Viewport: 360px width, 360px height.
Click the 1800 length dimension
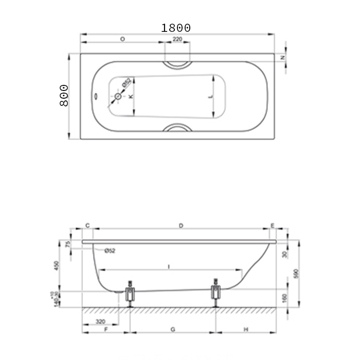(176, 28)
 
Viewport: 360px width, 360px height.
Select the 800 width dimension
(64, 95)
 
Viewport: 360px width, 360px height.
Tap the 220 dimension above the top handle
(177, 39)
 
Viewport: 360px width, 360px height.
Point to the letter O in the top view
(122, 39)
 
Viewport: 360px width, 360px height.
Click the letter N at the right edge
(282, 58)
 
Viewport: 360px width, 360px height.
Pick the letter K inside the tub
(131, 96)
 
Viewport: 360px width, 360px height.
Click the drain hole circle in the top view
(118, 96)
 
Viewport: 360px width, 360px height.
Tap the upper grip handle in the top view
(177, 64)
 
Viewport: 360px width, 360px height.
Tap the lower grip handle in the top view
(177, 129)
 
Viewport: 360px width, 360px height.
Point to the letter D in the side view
(181, 225)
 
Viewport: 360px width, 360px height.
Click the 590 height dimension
(295, 273)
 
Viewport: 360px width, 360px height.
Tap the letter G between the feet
(173, 329)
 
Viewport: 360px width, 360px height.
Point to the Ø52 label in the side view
(109, 250)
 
